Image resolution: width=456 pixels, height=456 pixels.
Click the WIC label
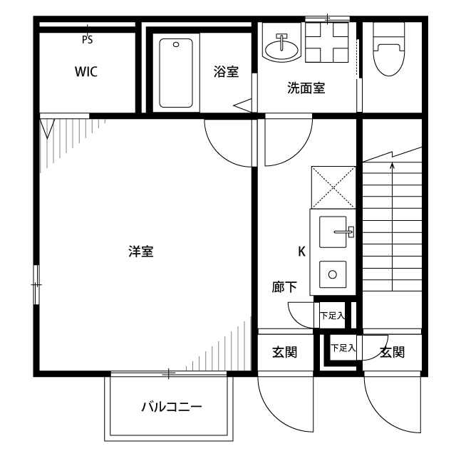[85, 72]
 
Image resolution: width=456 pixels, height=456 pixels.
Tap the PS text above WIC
[87, 41]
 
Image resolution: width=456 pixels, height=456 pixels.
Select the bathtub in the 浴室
[176, 73]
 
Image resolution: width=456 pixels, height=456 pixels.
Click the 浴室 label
[226, 72]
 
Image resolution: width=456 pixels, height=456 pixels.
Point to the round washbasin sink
[281, 48]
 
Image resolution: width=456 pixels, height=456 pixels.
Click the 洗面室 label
[306, 88]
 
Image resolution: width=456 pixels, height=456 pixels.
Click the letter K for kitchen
[301, 251]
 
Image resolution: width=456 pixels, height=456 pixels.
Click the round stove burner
[331, 272]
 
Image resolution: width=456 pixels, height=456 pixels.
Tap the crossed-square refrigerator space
[333, 187]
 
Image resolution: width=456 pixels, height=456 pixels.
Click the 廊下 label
[285, 288]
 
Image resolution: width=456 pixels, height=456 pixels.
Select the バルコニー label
[171, 408]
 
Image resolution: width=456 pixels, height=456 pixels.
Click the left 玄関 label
[284, 352]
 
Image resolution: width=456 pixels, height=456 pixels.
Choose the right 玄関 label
[392, 352]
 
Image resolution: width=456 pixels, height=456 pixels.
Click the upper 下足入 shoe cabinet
[332, 315]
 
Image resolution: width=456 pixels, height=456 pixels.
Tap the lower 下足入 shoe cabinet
[343, 348]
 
